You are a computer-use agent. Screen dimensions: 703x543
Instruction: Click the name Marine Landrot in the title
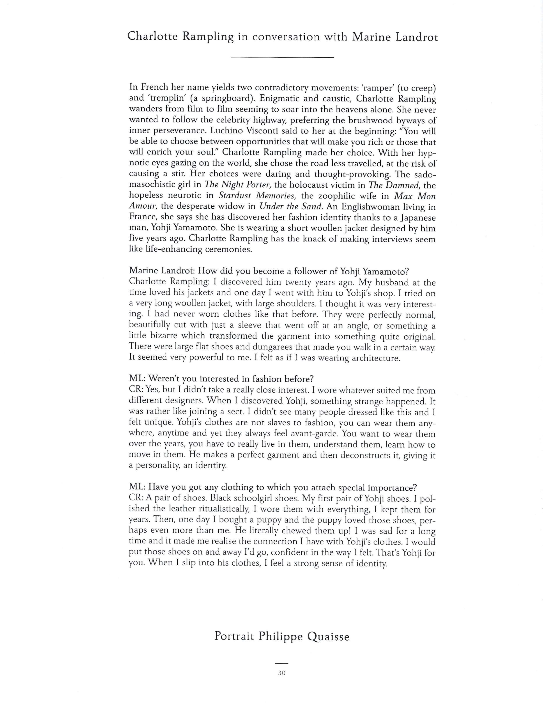pyautogui.click(x=395, y=37)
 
